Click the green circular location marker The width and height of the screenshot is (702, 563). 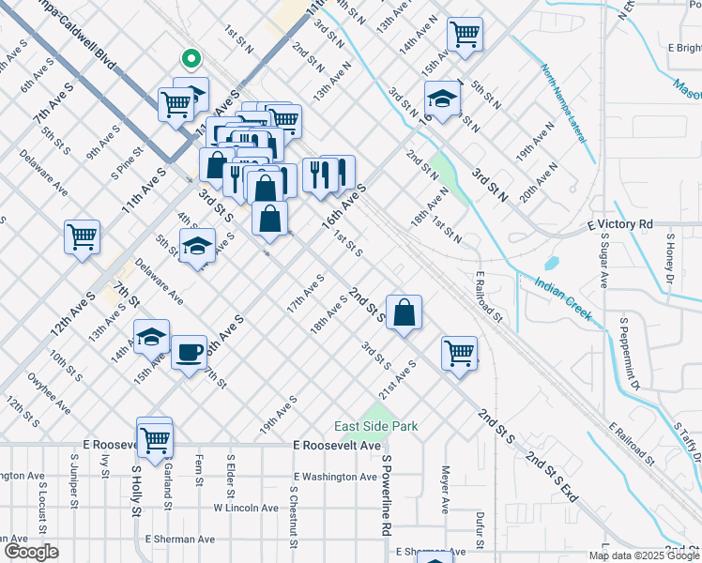[191, 59]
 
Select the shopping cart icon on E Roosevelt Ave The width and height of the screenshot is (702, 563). [155, 437]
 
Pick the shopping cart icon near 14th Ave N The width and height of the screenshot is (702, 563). [465, 35]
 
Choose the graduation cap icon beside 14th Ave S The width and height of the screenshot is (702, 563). [151, 337]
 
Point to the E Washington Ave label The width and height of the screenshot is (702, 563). [333, 477]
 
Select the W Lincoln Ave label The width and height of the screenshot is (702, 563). [246, 508]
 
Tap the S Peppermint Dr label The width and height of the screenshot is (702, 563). [628, 353]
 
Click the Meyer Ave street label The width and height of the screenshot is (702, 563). [446, 490]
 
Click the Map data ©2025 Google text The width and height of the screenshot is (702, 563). [644, 555]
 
